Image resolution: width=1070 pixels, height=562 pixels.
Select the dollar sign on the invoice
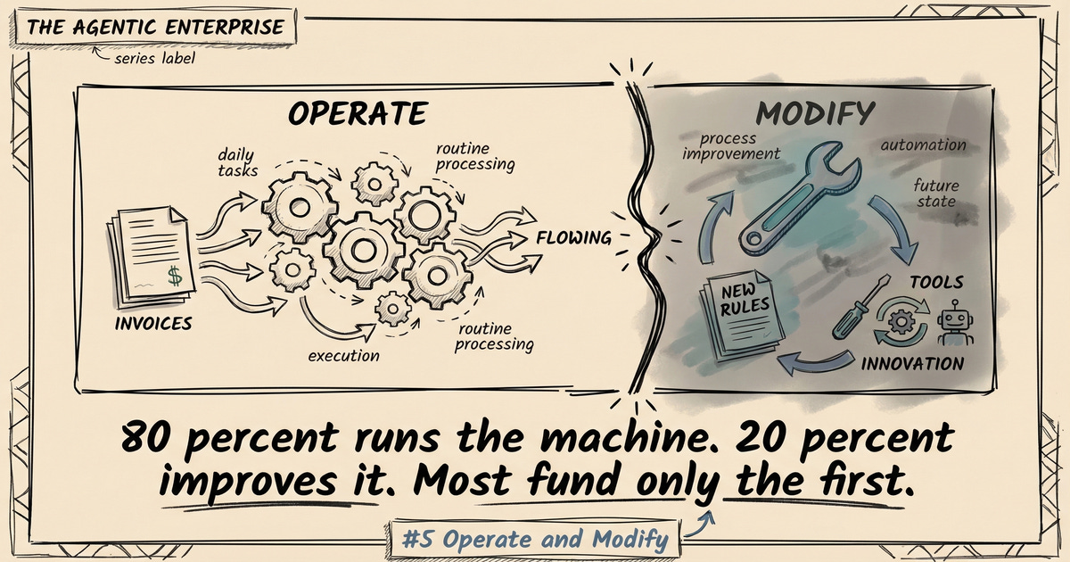pyautogui.click(x=175, y=277)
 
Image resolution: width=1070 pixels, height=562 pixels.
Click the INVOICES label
pyautogui.click(x=154, y=323)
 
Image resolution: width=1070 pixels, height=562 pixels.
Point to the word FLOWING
pyautogui.click(x=573, y=238)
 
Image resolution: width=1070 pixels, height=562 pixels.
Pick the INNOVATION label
pyautogui.click(x=912, y=364)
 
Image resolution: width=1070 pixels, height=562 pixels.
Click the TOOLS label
pyautogui.click(x=936, y=283)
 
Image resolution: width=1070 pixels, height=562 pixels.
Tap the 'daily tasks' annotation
pyautogui.click(x=236, y=162)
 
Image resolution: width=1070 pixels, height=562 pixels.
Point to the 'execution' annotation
pyautogui.click(x=343, y=356)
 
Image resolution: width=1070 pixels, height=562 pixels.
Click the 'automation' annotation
pyautogui.click(x=923, y=145)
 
